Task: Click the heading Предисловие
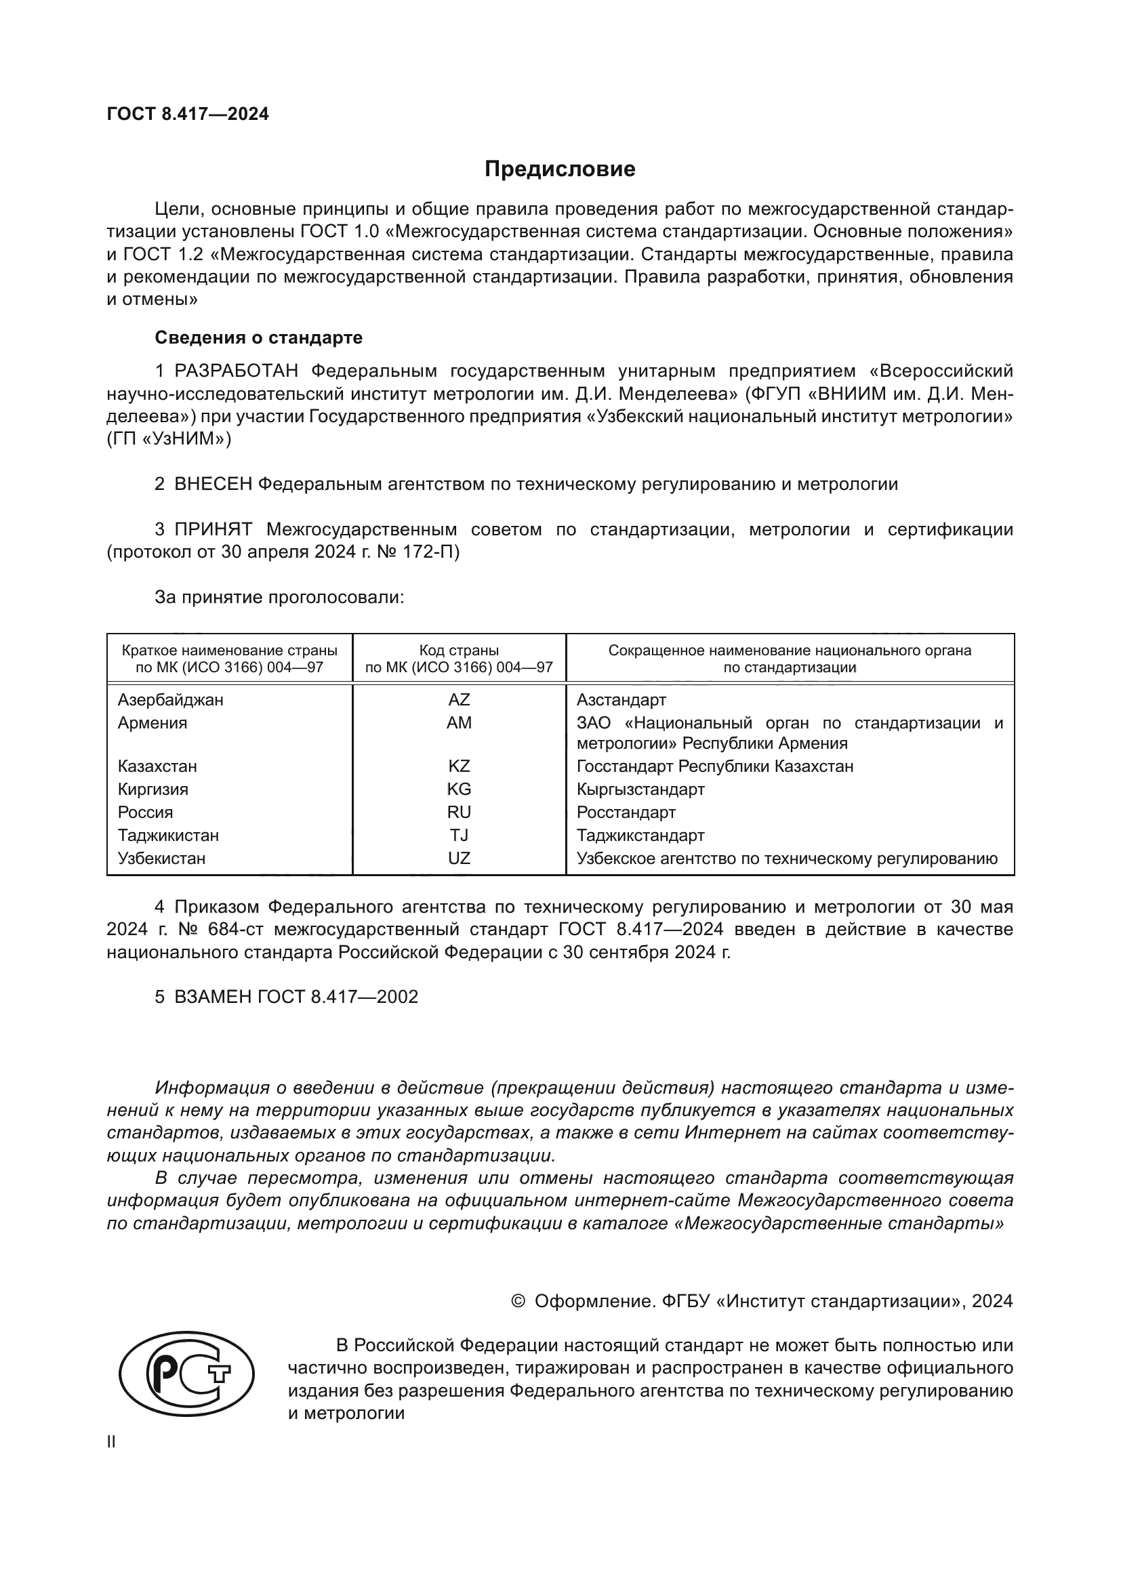coord(559,169)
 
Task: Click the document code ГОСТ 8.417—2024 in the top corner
coord(188,114)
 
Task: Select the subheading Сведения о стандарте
coord(258,337)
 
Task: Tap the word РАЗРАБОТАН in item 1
coord(236,371)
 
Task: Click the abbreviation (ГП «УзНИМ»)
coord(169,439)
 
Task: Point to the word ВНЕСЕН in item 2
coord(213,484)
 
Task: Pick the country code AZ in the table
coord(459,700)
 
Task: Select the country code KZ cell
coord(459,766)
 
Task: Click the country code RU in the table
coord(459,812)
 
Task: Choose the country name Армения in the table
coord(152,723)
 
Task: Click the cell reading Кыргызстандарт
coord(640,789)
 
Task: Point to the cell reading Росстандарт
coord(626,812)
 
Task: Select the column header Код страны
coord(459,651)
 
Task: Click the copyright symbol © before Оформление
coord(518,1302)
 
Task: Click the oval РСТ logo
coord(186,1374)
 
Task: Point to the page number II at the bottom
coord(111,1442)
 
